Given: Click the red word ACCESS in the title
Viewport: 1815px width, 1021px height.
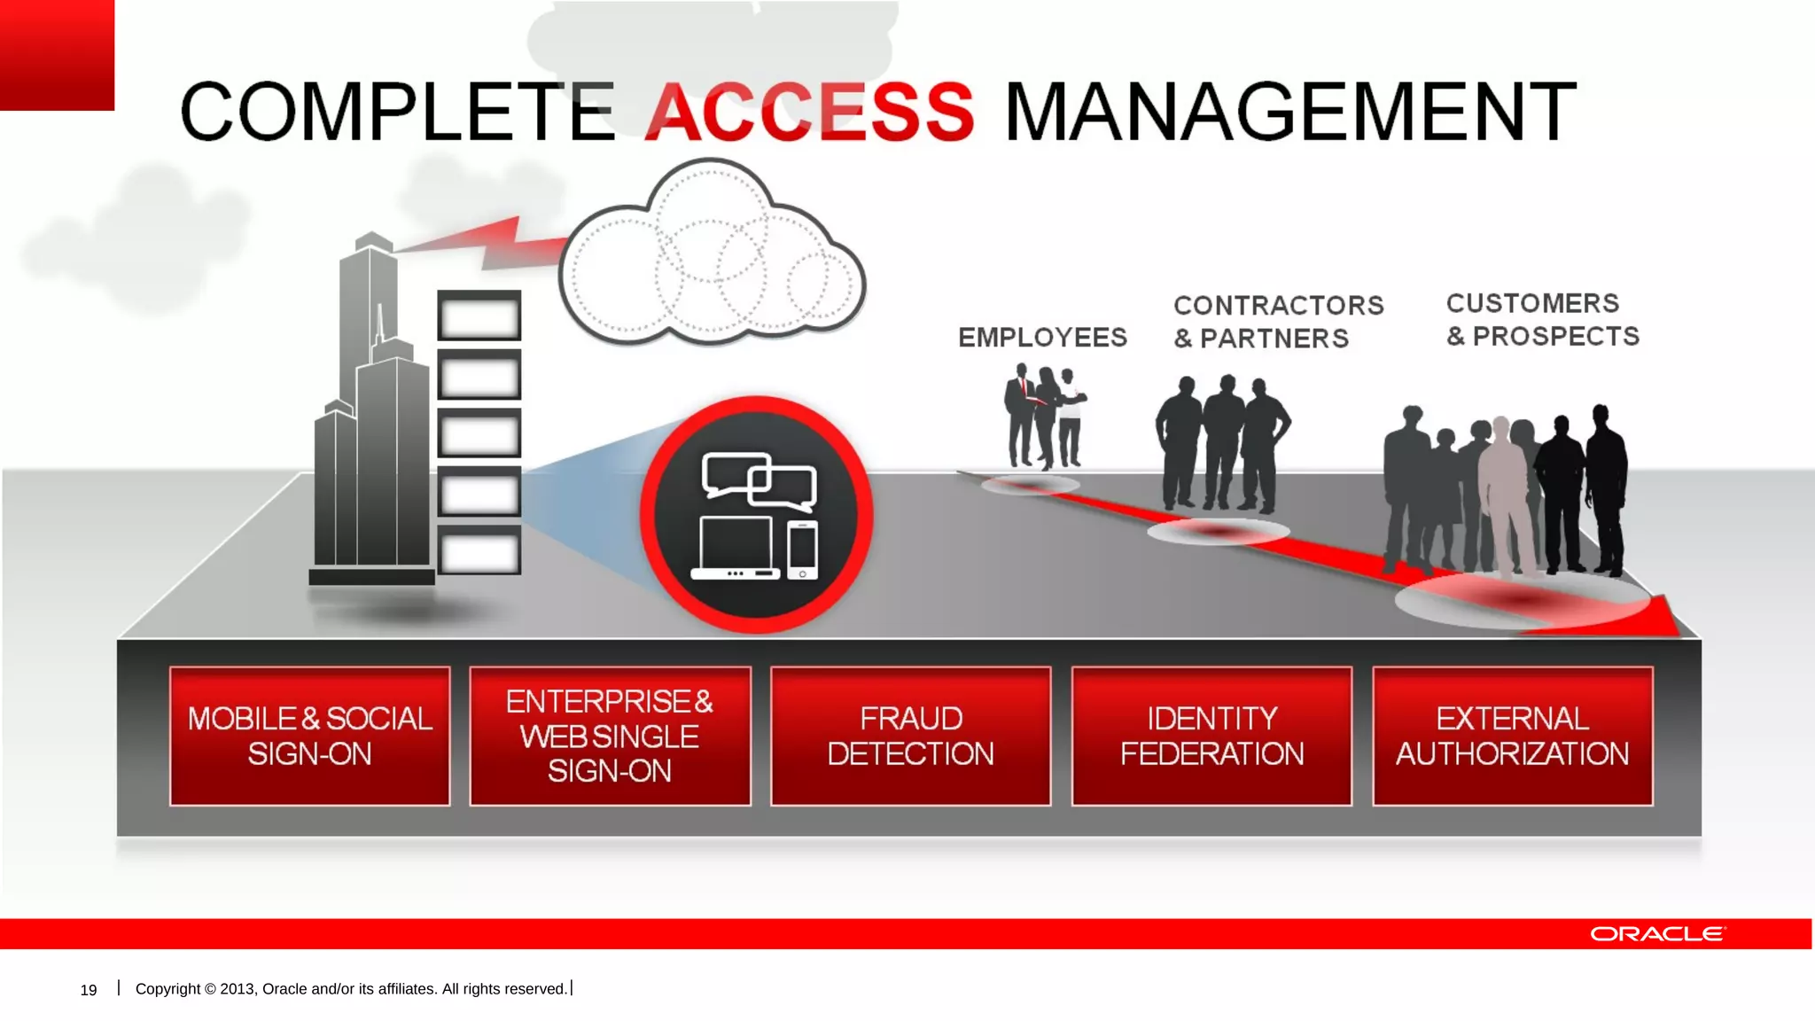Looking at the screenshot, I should point(809,112).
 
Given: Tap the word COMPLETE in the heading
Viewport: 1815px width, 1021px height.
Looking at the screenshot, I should point(397,112).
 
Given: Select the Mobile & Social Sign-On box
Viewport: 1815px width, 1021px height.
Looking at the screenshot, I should point(309,736).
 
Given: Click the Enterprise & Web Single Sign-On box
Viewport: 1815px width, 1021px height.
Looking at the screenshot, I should point(610,736).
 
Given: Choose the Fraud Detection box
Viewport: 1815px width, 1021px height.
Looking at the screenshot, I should point(910,736).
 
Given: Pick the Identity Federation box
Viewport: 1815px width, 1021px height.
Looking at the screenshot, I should point(1211,736).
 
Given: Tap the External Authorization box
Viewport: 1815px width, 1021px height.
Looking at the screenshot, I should point(1512,736).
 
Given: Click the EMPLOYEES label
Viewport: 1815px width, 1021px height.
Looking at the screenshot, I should point(1042,338).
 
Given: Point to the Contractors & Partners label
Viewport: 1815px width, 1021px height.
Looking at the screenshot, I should point(1278,322).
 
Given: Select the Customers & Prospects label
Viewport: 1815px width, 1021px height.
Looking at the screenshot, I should point(1542,320).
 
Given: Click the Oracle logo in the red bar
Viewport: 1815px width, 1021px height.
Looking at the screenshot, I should point(1656,934).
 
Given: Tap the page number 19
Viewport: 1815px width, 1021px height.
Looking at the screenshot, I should point(89,990).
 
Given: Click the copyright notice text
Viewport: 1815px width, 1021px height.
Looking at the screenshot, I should point(351,989).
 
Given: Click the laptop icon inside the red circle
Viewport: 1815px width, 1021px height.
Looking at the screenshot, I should point(736,548).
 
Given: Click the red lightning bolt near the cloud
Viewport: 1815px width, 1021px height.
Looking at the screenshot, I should point(496,243).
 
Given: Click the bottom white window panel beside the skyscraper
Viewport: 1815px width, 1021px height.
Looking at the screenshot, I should point(479,551).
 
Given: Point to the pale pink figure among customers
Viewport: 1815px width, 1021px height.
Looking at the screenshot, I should point(1504,496).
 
